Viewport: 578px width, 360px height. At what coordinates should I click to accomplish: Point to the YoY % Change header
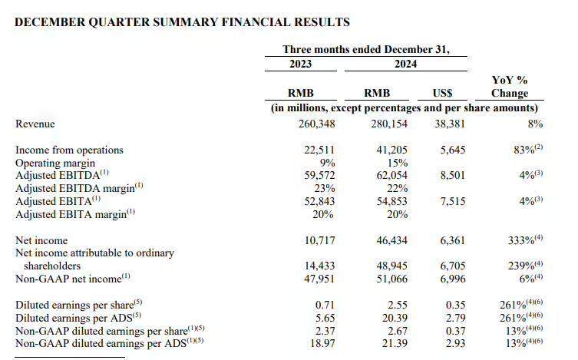pyautogui.click(x=509, y=87)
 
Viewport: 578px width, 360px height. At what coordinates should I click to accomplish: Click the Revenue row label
pyautogui.click(x=35, y=124)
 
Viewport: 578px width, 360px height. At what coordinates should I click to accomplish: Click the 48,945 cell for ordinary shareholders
pyautogui.click(x=387, y=266)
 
